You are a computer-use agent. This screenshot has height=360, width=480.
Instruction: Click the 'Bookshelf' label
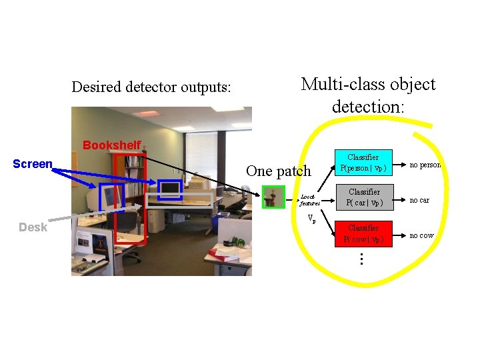click(111, 145)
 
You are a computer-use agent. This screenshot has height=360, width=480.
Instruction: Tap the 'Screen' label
click(33, 164)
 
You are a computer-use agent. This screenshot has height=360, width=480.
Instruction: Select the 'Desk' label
click(33, 227)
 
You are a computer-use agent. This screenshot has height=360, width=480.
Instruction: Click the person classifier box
click(364, 163)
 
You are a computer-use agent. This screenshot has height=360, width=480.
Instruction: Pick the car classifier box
click(364, 197)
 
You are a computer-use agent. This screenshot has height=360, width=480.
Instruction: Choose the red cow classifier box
click(364, 234)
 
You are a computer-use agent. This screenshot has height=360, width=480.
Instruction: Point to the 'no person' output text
click(426, 165)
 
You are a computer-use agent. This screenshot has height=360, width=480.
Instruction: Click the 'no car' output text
click(419, 200)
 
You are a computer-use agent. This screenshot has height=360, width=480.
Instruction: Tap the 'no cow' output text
click(421, 235)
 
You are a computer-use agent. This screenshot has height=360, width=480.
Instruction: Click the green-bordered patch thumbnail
click(273, 197)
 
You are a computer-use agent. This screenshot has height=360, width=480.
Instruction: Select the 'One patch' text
click(278, 171)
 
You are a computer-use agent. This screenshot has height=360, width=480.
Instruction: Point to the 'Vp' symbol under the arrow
click(311, 219)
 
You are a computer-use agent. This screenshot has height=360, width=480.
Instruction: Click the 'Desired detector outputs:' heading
click(151, 87)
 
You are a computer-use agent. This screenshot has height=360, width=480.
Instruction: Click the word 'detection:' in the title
click(368, 106)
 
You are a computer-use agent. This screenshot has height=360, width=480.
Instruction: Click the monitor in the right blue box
click(170, 189)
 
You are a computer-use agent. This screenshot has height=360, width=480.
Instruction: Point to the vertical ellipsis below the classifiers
click(361, 259)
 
